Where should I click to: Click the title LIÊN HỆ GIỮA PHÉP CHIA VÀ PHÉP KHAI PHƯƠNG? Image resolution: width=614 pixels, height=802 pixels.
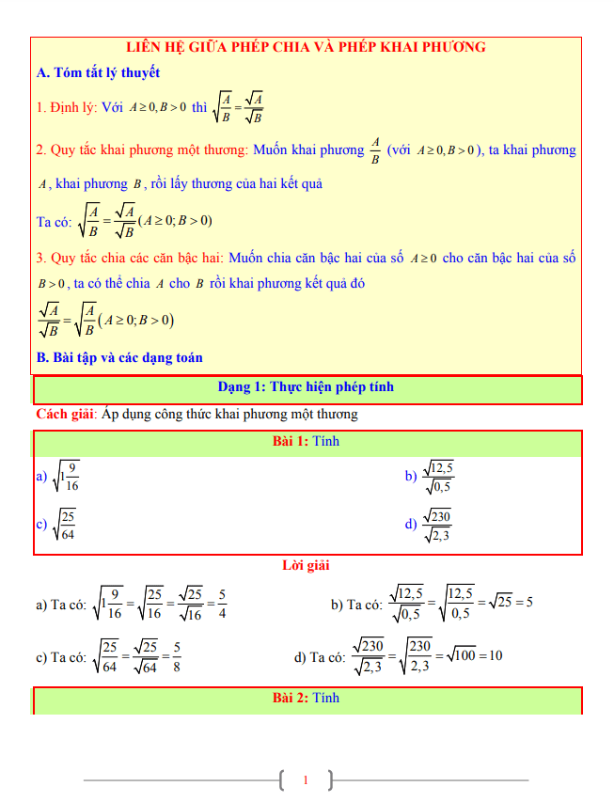[x=307, y=47]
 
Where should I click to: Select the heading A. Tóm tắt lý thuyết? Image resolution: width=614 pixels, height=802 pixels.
[x=98, y=72]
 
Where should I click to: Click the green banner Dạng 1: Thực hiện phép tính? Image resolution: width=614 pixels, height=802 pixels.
[x=306, y=386]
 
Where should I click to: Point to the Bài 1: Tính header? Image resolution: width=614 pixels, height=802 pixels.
[x=306, y=441]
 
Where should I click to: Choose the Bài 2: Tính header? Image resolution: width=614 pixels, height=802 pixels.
[x=306, y=698]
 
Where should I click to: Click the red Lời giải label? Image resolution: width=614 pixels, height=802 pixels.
[x=306, y=565]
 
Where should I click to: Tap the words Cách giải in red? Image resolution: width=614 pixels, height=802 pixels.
[x=65, y=414]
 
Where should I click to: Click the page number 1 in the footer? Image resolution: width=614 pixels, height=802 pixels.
[x=306, y=779]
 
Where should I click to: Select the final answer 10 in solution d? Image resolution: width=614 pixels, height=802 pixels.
[x=496, y=655]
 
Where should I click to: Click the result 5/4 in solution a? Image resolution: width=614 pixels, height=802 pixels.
[x=221, y=604]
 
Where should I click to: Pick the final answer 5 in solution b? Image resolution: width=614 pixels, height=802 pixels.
[x=529, y=603]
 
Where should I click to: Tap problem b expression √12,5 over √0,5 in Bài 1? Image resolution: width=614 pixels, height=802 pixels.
[x=438, y=477]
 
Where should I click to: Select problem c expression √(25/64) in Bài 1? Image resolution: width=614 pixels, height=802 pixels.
[x=65, y=525]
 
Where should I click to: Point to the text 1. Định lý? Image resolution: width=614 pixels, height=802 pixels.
[x=67, y=107]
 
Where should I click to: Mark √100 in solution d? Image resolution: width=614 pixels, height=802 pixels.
[x=464, y=655]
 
